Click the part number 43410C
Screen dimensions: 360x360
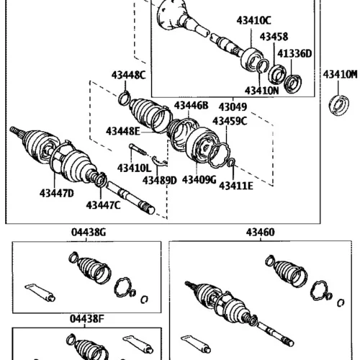click(253, 20)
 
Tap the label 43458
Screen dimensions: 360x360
click(274, 37)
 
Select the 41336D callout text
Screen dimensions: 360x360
click(294, 53)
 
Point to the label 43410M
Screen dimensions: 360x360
click(340, 74)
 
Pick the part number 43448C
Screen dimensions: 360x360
click(128, 75)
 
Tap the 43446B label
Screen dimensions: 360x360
click(192, 105)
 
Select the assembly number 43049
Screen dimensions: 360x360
click(233, 107)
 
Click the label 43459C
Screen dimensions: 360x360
click(230, 121)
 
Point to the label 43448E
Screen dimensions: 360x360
click(122, 131)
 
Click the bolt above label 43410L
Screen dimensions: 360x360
click(138, 150)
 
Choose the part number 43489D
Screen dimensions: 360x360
click(160, 181)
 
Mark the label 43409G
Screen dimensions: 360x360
click(199, 179)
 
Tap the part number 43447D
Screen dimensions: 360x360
click(57, 193)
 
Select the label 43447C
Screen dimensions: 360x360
click(103, 205)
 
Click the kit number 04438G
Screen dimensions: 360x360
click(89, 233)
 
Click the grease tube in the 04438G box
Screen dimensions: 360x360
click(40, 292)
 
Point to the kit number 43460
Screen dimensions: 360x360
click(260, 233)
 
